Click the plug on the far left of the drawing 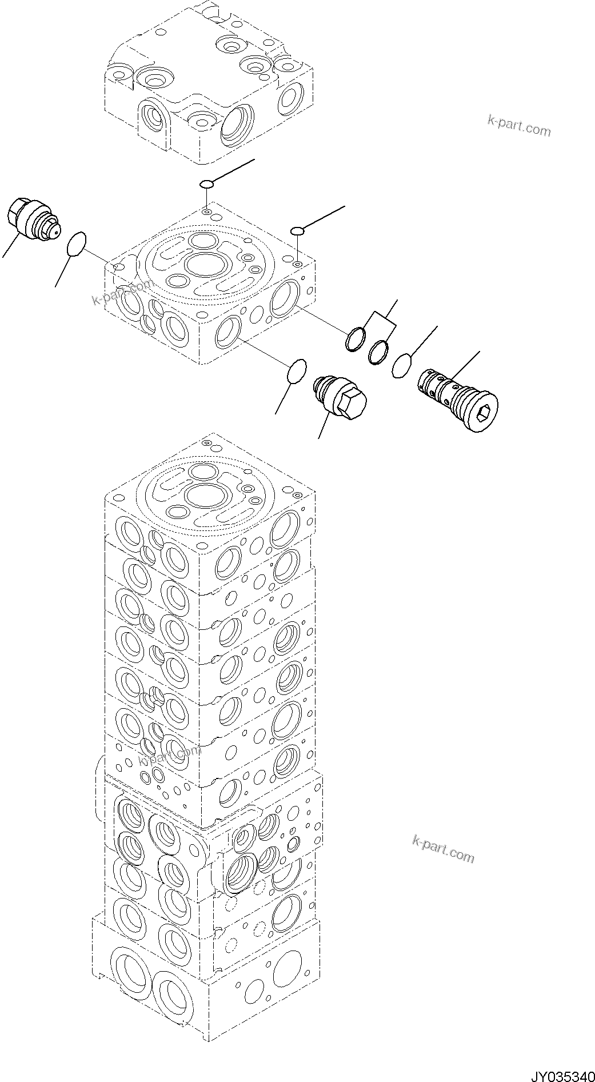(x=31, y=219)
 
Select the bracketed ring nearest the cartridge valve (x=378, y=352)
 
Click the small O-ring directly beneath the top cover (x=206, y=183)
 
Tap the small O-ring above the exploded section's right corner (x=297, y=230)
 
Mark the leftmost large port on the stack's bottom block (x=131, y=971)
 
